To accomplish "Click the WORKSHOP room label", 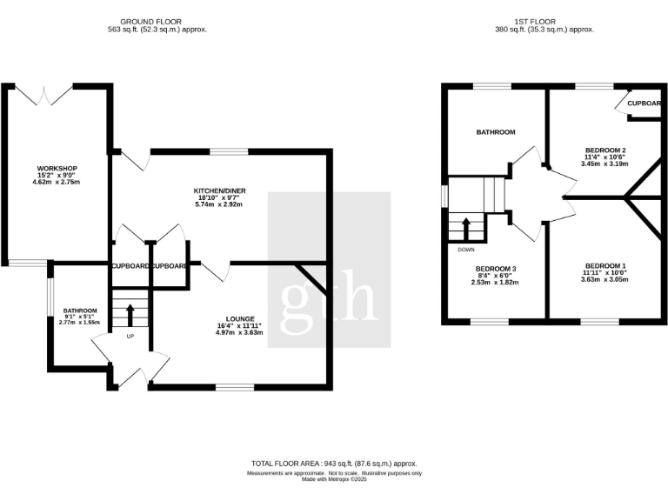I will [57, 168].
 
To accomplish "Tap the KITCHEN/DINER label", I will [217, 190].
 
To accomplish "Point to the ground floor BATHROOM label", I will [80, 310].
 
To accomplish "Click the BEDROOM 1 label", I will [605, 265].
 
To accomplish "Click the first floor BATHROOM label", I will [495, 132].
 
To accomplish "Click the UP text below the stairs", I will [130, 336].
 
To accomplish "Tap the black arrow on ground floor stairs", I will [130, 313].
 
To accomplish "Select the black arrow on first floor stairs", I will [465, 228].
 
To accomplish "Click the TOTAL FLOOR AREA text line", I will [334, 464].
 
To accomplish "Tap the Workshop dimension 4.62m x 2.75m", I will [57, 182].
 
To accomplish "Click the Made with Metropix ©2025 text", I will [334, 479].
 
